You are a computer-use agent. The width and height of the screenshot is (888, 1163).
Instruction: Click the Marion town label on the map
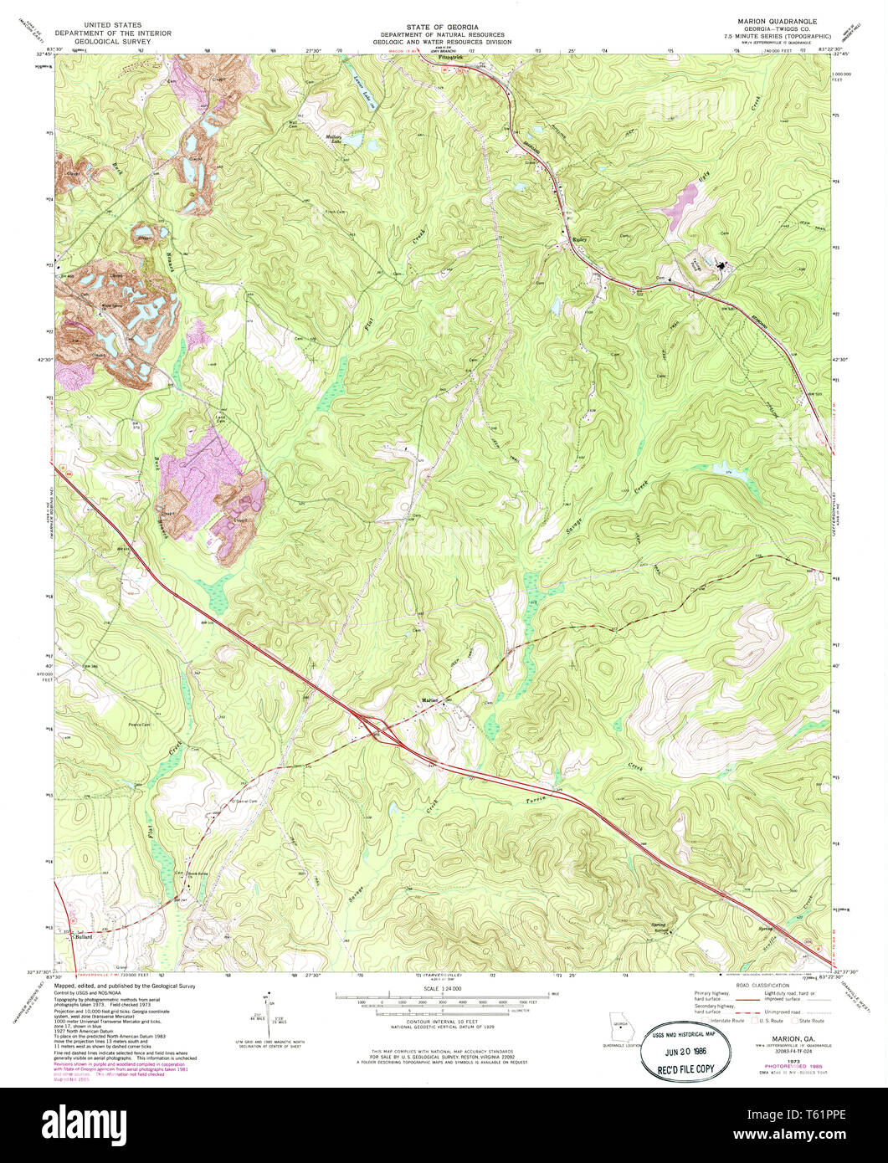429,700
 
